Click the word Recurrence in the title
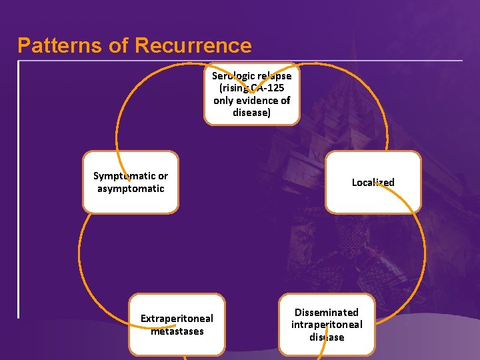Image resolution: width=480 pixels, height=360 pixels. pos(193,45)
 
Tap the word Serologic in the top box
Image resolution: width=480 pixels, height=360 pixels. pos(233,76)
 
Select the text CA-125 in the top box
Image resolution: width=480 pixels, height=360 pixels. pos(267,88)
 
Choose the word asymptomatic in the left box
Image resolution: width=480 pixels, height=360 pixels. pos(131,189)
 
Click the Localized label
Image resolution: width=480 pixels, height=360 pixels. pos(373,183)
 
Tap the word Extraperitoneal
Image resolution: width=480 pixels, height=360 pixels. pos(177,319)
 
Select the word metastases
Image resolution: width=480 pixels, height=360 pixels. pos(177,331)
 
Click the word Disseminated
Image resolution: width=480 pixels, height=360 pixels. pos(327,313)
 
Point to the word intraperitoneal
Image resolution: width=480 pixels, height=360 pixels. pos(327,325)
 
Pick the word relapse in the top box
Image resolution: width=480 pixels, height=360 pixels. pos(275,76)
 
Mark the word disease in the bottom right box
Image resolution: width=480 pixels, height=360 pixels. pos(327,337)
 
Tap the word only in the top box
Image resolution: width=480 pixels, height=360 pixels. pos(223,101)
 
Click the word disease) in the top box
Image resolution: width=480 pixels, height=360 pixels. pos(251,113)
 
